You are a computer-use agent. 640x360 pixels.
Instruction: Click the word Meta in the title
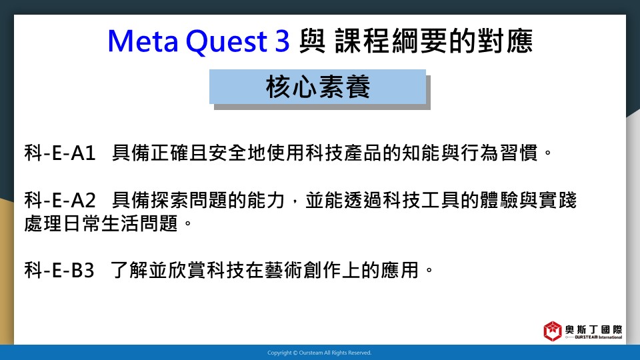pos(143,41)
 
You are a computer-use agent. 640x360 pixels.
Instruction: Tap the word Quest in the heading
pos(226,41)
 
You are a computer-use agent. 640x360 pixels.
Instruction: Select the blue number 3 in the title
pos(282,41)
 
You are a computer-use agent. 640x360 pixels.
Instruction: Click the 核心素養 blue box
pos(317,87)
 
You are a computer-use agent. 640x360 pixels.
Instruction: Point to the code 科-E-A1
pos(60,153)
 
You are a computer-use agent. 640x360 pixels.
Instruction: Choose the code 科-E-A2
pos(60,200)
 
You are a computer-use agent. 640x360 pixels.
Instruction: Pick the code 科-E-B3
pos(59,270)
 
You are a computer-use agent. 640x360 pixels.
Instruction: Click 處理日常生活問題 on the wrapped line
pos(101,223)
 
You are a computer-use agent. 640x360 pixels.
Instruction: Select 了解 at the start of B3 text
pos(129,270)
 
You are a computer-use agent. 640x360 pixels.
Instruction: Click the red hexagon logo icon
pos(552,331)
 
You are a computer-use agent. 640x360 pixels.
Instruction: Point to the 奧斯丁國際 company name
pos(594,329)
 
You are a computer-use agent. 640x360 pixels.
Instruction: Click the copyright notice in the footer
pos(319,353)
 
